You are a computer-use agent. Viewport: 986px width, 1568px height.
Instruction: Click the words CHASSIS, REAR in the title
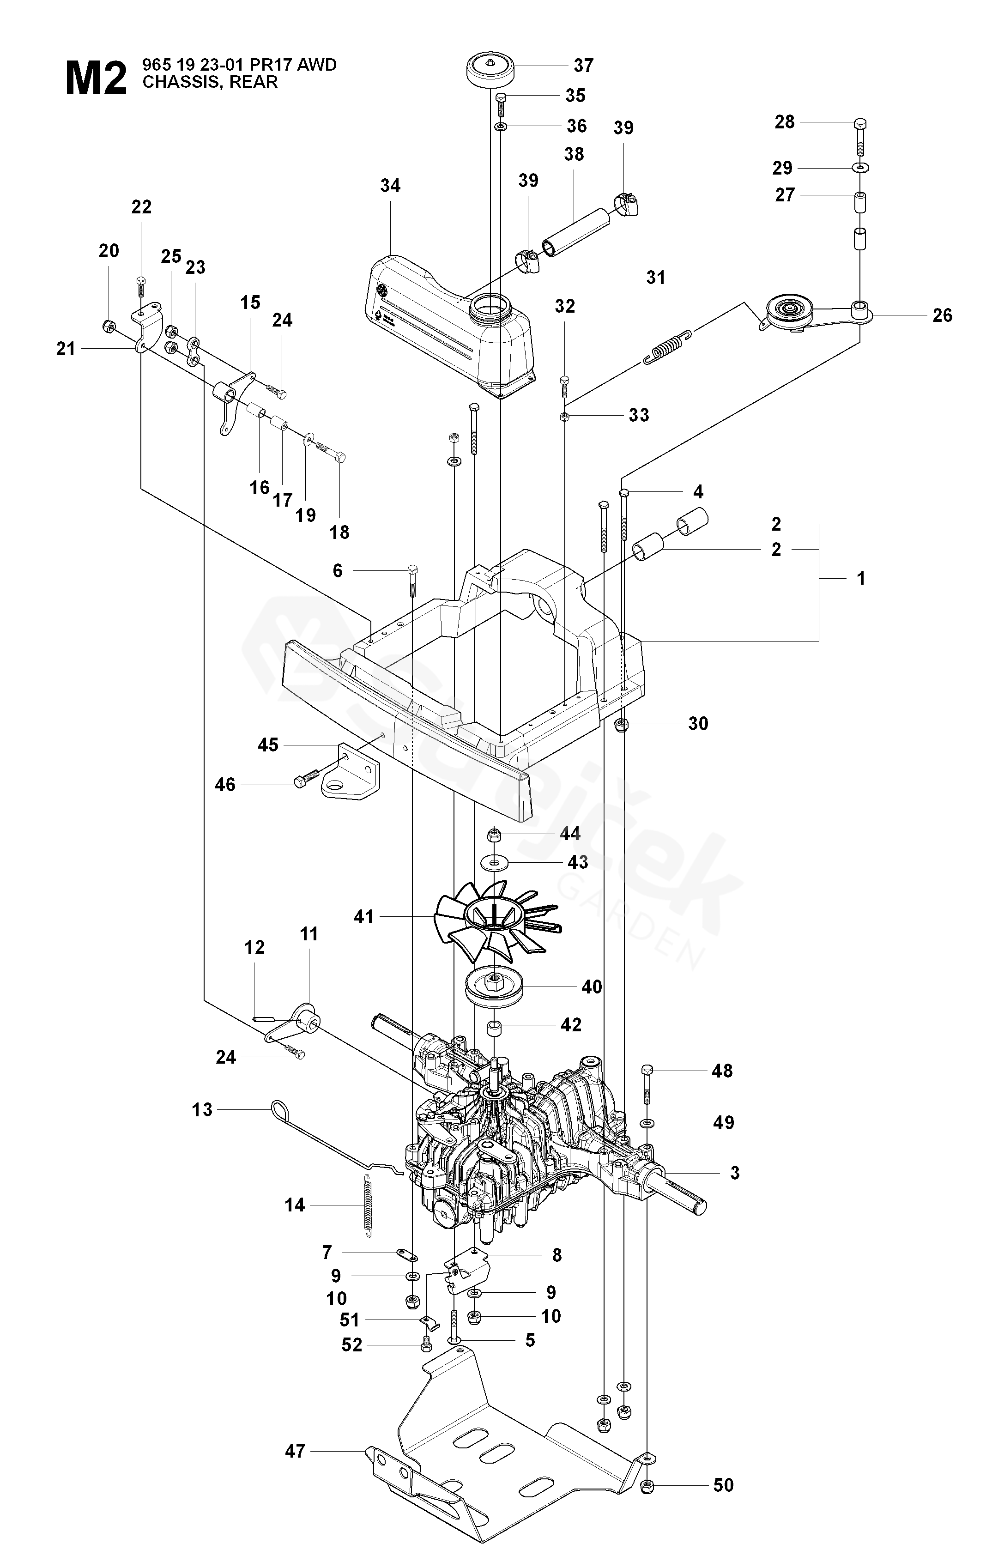tap(210, 82)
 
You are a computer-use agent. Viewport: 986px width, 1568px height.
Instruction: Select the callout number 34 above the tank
tap(390, 186)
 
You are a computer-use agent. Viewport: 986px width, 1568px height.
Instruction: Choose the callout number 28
tap(785, 122)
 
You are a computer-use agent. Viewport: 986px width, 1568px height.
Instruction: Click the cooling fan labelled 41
tap(496, 918)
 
